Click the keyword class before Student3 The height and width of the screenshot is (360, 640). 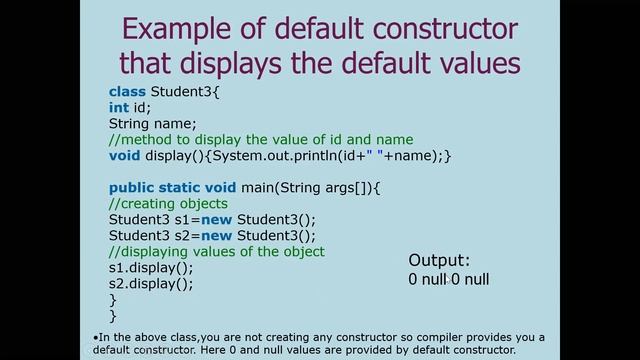[126, 92]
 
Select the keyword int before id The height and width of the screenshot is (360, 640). [118, 108]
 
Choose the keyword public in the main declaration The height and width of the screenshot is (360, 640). [132, 188]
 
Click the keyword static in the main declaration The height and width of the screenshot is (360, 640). [184, 188]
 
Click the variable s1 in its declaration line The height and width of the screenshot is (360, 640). [175, 220]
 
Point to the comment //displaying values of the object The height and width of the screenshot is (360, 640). [217, 252]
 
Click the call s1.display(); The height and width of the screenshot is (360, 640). [151, 268]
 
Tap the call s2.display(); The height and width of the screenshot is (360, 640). [151, 284]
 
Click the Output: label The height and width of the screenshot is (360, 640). [439, 260]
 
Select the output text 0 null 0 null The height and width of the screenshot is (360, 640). [448, 280]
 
